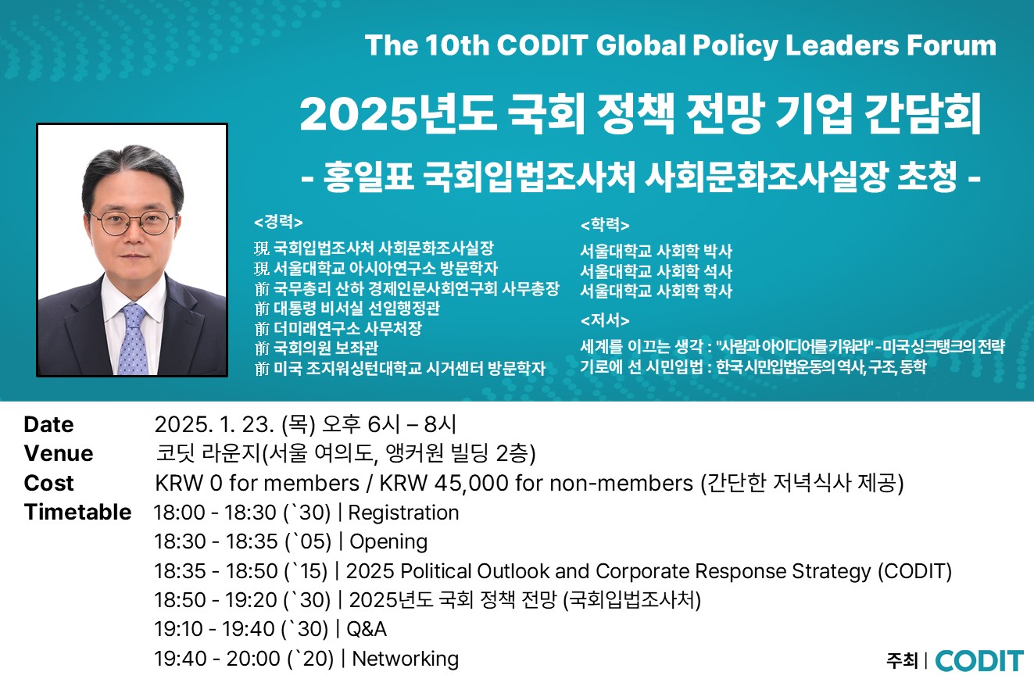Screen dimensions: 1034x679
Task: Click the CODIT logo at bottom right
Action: pyautogui.click(x=979, y=660)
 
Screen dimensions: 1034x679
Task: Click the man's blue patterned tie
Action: pyautogui.click(x=134, y=339)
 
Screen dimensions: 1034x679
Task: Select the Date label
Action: pyautogui.click(x=49, y=424)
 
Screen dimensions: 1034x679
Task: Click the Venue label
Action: pyautogui.click(x=59, y=454)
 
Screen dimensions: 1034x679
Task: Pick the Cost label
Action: pyautogui.click(x=49, y=484)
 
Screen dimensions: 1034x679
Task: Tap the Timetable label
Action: pyautogui.click(x=77, y=513)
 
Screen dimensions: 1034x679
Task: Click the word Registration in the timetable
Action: pyautogui.click(x=403, y=513)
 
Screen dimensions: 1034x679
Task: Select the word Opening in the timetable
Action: pyautogui.click(x=388, y=542)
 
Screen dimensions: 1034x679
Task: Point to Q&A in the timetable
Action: pyautogui.click(x=367, y=629)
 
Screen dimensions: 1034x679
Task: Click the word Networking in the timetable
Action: pyautogui.click(x=406, y=659)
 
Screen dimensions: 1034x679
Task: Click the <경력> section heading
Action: pyautogui.click(x=278, y=222)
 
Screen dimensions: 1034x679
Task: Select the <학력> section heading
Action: pyautogui.click(x=605, y=225)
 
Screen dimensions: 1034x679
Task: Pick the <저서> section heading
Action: pyautogui.click(x=605, y=320)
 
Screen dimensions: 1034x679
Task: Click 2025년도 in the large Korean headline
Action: pyautogui.click(x=398, y=115)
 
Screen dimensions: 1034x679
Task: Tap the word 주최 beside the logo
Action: pyautogui.click(x=902, y=661)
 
